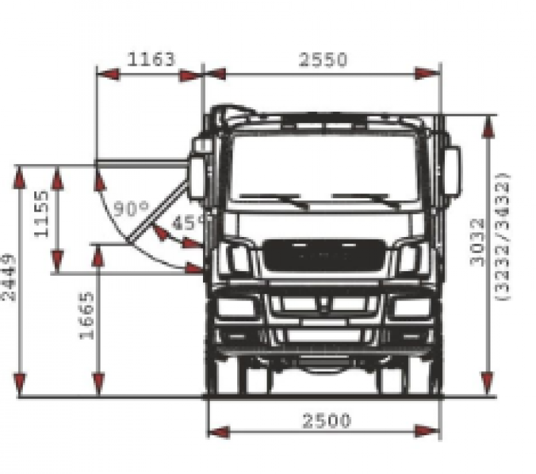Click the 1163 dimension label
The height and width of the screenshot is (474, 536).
point(151,59)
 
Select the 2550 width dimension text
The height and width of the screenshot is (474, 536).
point(323,60)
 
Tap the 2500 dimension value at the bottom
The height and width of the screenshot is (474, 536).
point(327,420)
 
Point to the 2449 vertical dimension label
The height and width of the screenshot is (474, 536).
point(9,278)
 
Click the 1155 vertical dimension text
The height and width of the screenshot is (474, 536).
point(42,214)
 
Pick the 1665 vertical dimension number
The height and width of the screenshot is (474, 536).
point(86,315)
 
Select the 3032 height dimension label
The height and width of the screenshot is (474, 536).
point(478,242)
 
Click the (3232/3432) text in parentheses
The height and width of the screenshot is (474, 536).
point(503,237)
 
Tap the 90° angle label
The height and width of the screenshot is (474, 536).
point(131,209)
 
